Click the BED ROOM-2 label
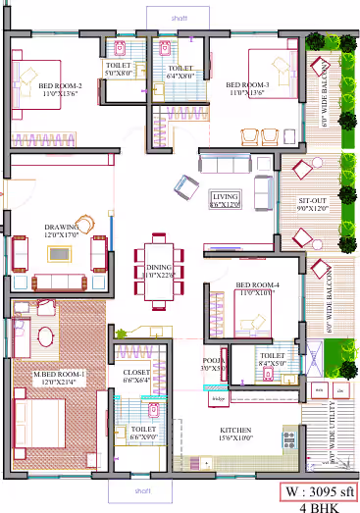(60, 90)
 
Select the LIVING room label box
(226, 200)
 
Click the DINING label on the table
(158, 271)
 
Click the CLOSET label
(136, 377)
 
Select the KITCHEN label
(236, 433)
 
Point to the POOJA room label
(215, 365)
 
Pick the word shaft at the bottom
(142, 490)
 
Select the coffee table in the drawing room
(60, 254)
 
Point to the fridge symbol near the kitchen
(218, 398)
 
